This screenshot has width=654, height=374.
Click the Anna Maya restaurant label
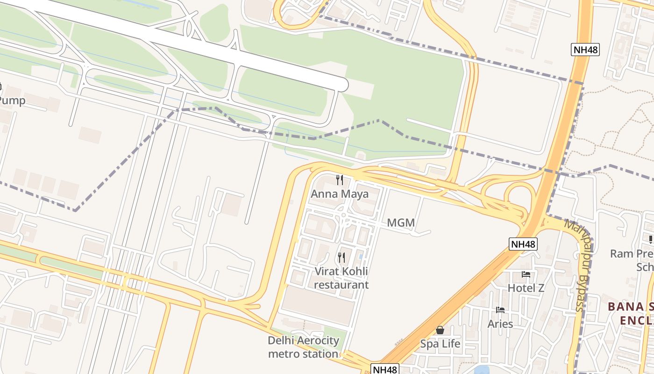click(340, 194)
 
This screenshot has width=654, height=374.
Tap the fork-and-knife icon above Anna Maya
click(340, 180)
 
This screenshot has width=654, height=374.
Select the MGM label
click(401, 223)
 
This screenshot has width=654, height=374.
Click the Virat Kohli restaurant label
click(341, 278)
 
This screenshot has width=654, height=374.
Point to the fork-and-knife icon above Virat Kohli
click(341, 257)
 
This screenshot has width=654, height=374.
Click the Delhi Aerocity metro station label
click(303, 347)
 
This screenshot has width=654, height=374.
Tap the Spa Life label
click(440, 344)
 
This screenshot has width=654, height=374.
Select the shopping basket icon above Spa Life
click(440, 330)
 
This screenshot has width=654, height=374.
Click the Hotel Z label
click(526, 288)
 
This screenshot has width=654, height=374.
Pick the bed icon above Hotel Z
click(526, 274)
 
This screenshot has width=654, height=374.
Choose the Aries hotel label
click(500, 324)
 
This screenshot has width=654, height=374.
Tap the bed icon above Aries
click(500, 309)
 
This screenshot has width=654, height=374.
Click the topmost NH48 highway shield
click(585, 50)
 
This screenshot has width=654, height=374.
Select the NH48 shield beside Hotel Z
click(523, 244)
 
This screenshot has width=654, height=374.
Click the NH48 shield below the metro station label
click(385, 369)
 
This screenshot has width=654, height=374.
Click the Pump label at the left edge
click(12, 101)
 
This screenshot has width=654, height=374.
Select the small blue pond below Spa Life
click(481, 371)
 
